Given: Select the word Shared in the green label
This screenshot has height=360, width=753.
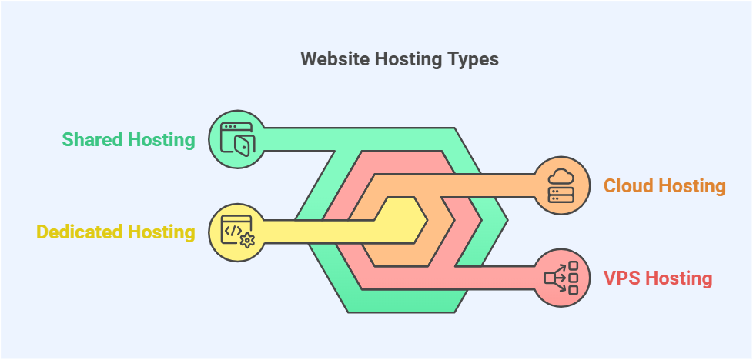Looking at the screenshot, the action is pos(90,140).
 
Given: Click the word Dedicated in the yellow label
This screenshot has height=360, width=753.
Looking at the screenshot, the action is pos(79,232).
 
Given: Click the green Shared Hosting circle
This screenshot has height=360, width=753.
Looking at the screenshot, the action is pos(236,140).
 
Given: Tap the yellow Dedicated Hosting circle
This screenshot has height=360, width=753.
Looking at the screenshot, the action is pos(236,232).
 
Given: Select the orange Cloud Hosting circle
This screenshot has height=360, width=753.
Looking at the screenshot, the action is pos(561,185).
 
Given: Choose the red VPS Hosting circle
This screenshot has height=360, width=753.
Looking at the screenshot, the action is pos(561,278).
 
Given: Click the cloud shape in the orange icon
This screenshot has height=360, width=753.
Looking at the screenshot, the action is pos(561,177).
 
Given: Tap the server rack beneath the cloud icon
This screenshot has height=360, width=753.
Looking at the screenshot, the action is pos(561,195).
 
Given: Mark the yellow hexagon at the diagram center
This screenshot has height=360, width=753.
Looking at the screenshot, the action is pos(401,220).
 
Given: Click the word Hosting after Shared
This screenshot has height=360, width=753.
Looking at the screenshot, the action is pos(159,141).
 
